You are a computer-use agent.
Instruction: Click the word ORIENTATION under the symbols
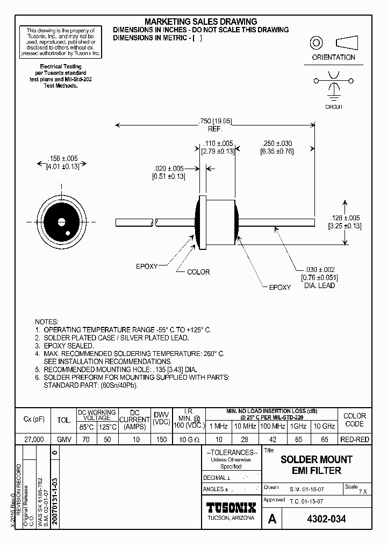pos(333,57)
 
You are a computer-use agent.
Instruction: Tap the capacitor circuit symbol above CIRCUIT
pos(334,86)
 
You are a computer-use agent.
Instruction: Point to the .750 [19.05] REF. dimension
pos(214,124)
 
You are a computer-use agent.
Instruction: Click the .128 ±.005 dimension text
pos(344,221)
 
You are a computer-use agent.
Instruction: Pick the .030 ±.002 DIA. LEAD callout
pos(319,277)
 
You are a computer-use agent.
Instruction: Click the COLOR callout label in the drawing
pos(198,272)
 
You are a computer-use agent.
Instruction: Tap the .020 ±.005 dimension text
pos(168,172)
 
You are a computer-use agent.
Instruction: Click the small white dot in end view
pos(68,233)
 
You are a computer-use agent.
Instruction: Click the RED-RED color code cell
pos(354,439)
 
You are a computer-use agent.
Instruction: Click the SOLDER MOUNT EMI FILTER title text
pos(317,465)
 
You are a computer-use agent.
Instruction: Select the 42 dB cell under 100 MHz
pos(272,439)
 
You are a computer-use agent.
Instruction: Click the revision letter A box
pos(272,519)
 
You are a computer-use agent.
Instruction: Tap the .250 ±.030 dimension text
pos(276,148)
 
